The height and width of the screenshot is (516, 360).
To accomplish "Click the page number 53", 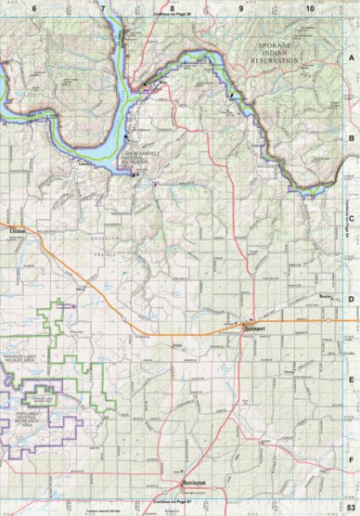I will [x=351, y=509].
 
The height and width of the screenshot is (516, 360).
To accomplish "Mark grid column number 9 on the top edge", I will [x=240, y=6].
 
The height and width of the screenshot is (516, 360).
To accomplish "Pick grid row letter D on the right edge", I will [x=352, y=299].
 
